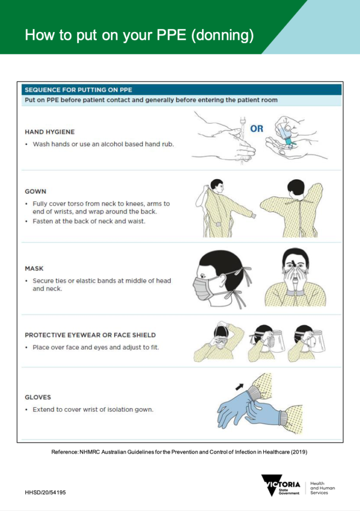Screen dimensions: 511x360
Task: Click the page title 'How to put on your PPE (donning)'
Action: click(x=139, y=35)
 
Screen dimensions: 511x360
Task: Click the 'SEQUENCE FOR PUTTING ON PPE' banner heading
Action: click(x=78, y=90)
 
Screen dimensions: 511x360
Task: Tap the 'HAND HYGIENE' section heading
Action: click(x=50, y=132)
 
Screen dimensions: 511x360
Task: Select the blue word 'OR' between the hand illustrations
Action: click(x=257, y=129)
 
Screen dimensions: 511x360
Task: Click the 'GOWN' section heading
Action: click(x=35, y=191)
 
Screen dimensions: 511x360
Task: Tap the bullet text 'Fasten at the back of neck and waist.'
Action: click(x=89, y=221)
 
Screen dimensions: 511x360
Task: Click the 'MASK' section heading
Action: click(x=34, y=268)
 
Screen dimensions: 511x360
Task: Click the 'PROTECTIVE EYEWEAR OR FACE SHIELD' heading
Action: click(x=90, y=335)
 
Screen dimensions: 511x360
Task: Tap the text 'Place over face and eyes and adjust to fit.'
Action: click(x=95, y=347)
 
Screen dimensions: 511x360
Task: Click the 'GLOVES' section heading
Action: click(x=38, y=397)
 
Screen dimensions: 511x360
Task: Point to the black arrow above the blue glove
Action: click(x=241, y=386)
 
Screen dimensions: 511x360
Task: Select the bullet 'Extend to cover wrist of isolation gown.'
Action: click(x=93, y=410)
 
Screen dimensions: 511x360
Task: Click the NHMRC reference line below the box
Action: click(x=179, y=452)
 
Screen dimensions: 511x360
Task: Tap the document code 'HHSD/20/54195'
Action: click(x=45, y=493)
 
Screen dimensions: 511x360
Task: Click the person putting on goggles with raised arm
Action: click(x=218, y=342)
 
